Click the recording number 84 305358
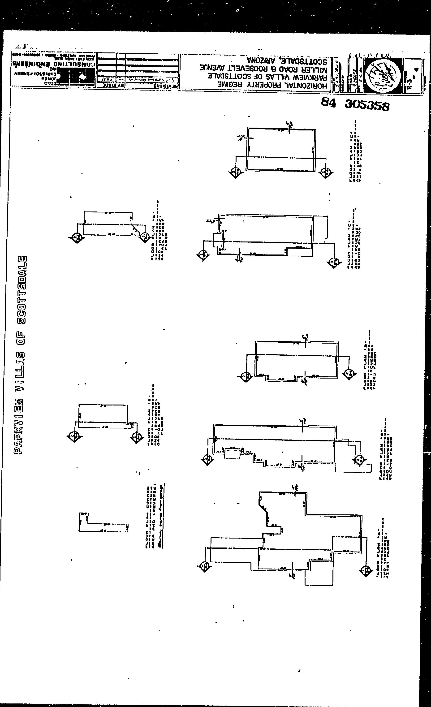[355, 104]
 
